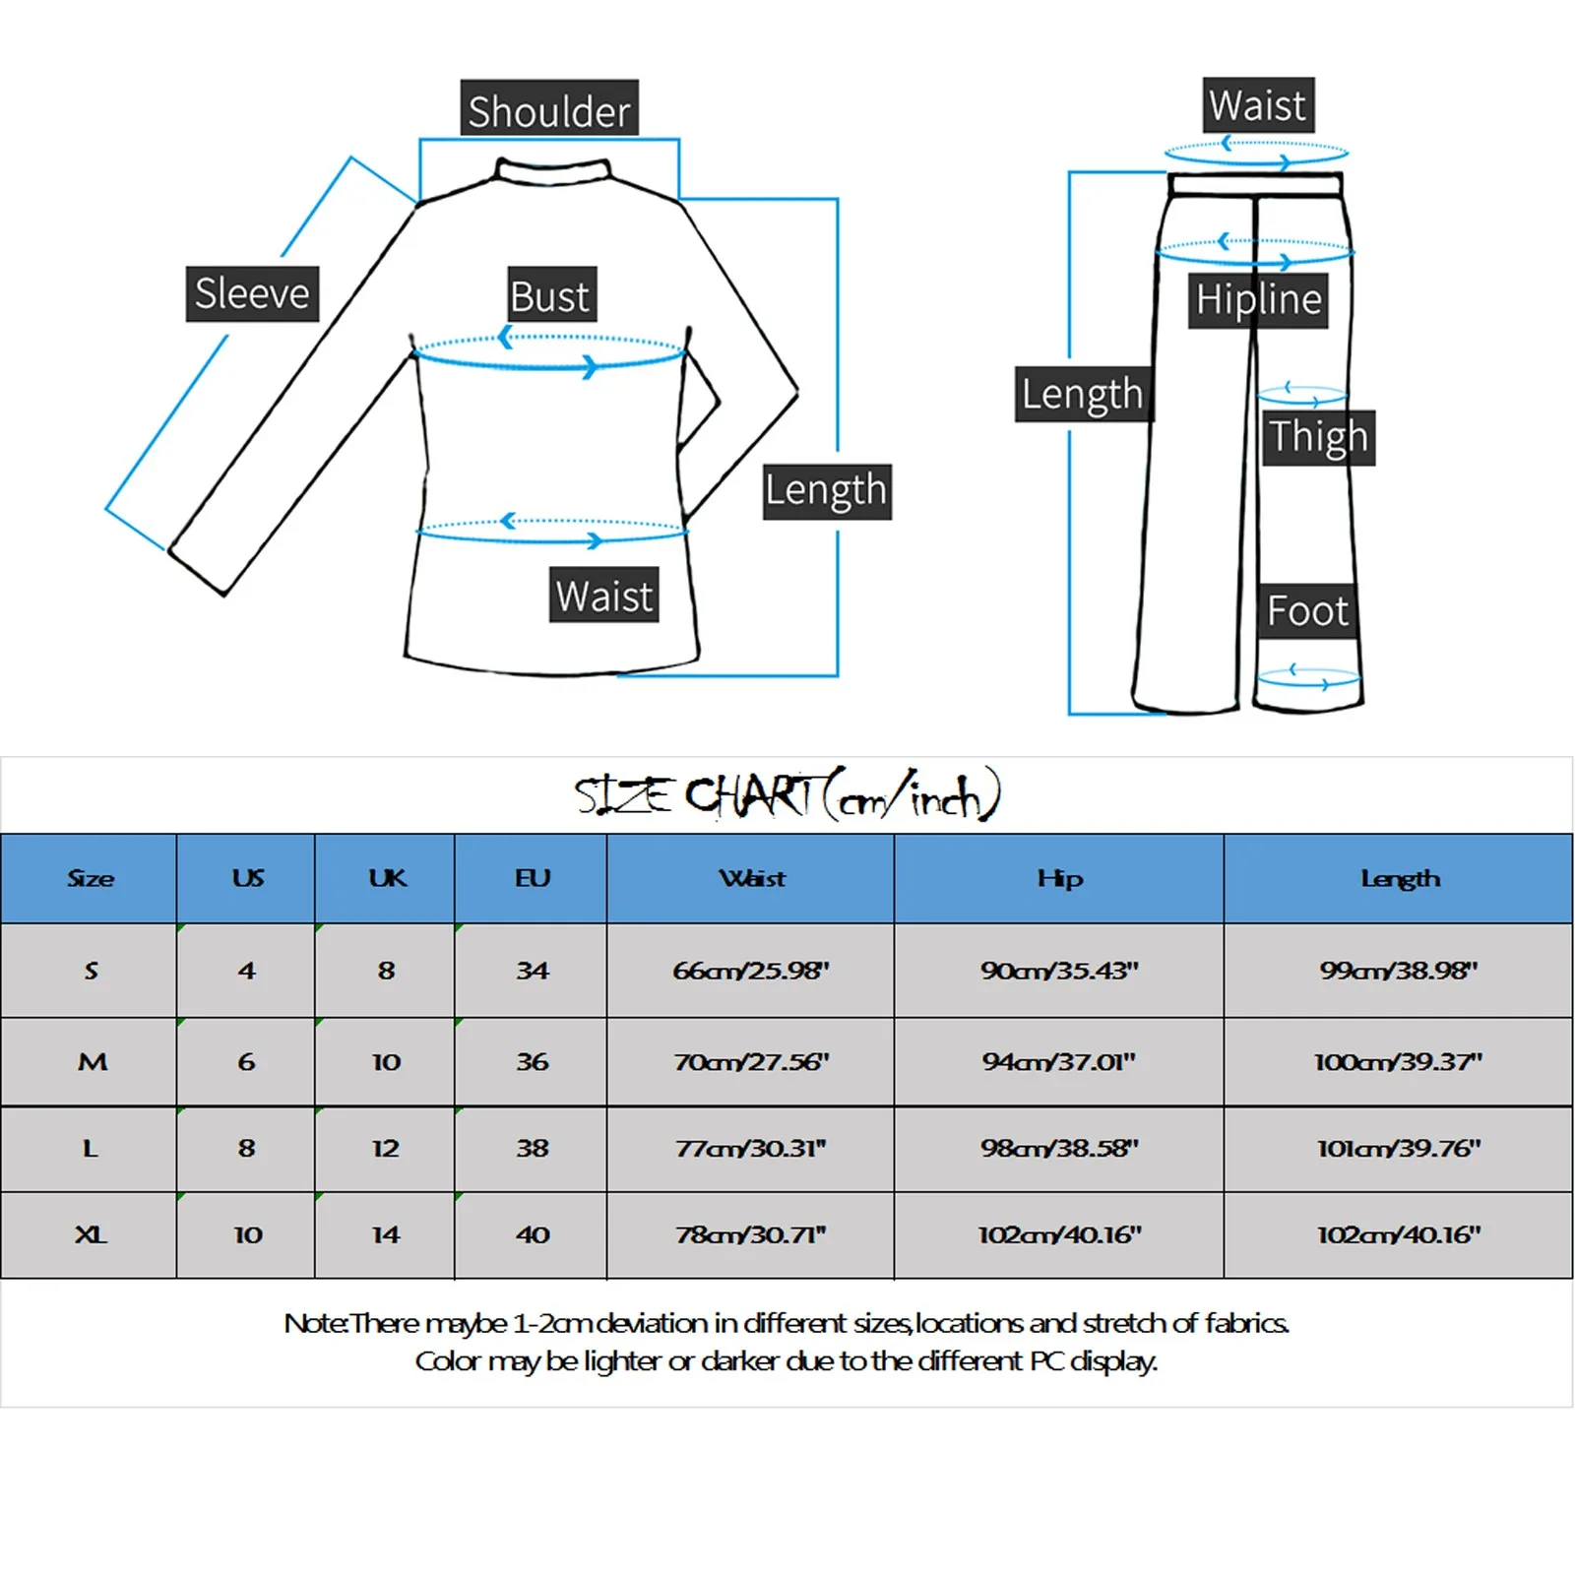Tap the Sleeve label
pyautogui.click(x=252, y=293)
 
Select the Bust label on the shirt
pyautogui.click(x=551, y=295)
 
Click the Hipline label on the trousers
pyautogui.click(x=1258, y=300)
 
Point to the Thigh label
pyautogui.click(x=1318, y=437)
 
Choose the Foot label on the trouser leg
pyautogui.click(x=1307, y=611)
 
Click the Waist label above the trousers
pyautogui.click(x=1257, y=105)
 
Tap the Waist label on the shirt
pyautogui.click(x=604, y=596)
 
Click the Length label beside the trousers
pyautogui.click(x=1082, y=394)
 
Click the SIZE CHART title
pyautogui.click(x=787, y=796)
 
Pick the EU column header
pyautogui.click(x=533, y=878)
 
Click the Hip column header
pyautogui.click(x=1059, y=878)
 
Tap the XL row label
pyautogui.click(x=91, y=1234)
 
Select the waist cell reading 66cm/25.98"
pyautogui.click(x=751, y=971)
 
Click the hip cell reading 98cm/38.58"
pyautogui.click(x=1059, y=1148)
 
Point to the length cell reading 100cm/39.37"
pyautogui.click(x=1398, y=1062)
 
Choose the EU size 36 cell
pyautogui.click(x=533, y=1062)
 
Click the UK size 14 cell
pyautogui.click(x=386, y=1234)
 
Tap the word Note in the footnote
pyautogui.click(x=313, y=1323)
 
